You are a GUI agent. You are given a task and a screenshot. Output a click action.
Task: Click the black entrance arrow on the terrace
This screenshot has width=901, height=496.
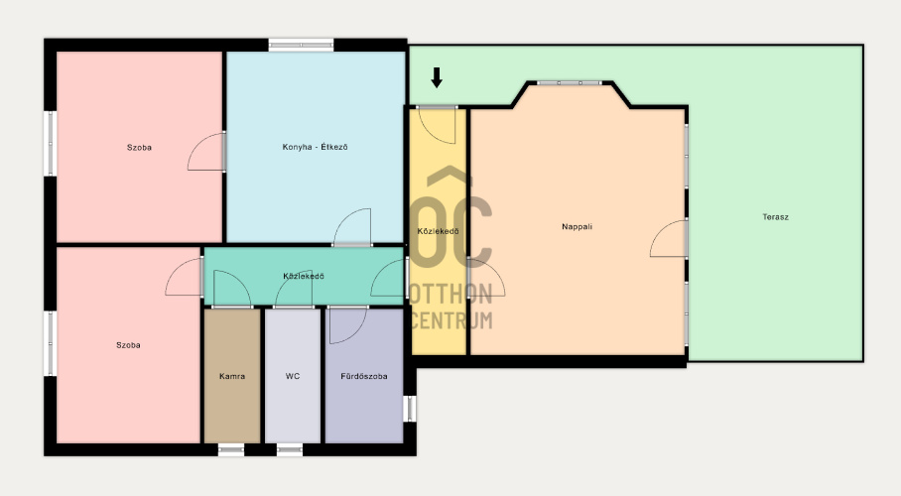click(437, 77)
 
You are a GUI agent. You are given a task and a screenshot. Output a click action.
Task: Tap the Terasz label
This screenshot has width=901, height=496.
click(775, 217)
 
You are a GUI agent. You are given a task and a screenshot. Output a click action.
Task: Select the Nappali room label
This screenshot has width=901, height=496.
click(577, 227)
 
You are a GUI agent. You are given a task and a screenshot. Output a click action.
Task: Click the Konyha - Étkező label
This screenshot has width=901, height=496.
click(315, 147)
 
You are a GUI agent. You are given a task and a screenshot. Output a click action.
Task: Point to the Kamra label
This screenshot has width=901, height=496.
click(232, 376)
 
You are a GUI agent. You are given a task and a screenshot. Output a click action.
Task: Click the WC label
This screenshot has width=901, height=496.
click(293, 376)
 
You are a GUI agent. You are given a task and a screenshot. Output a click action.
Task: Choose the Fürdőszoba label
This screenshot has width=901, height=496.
click(364, 376)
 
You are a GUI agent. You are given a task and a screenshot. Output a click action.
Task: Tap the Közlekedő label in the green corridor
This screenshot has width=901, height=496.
click(304, 277)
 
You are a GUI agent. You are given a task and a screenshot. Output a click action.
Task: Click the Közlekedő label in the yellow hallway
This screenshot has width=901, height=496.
click(438, 231)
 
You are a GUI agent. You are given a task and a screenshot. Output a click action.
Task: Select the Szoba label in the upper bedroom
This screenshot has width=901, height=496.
click(139, 148)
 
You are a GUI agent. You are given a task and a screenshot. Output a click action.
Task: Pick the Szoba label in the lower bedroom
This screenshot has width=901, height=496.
click(128, 345)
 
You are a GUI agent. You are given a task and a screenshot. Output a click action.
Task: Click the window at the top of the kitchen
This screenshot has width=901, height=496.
click(301, 45)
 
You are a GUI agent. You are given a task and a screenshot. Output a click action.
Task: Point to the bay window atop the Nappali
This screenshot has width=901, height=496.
click(569, 83)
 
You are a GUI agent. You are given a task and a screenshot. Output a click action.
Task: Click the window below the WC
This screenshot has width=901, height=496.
click(290, 450)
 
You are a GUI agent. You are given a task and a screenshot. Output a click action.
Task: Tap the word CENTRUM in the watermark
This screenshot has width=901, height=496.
click(452, 320)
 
